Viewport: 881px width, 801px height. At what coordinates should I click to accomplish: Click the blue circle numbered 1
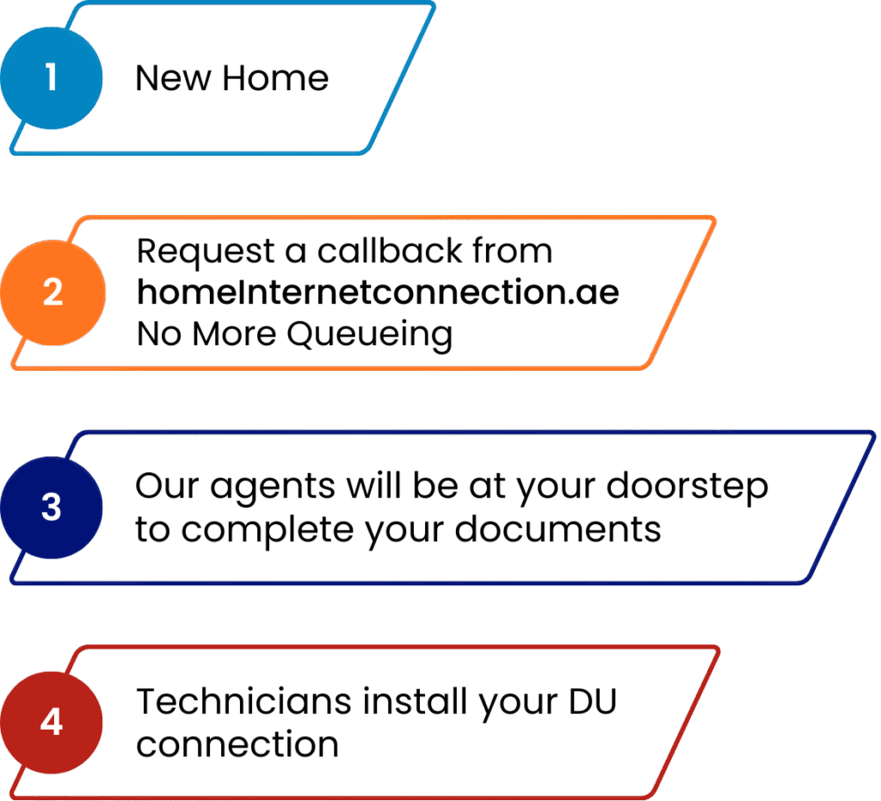(52, 77)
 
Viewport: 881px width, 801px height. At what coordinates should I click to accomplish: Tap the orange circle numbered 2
(52, 293)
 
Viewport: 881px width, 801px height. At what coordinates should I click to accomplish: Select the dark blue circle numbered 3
(52, 508)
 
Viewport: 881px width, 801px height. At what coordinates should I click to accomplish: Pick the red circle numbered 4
(52, 722)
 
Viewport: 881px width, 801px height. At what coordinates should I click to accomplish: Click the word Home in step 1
(275, 79)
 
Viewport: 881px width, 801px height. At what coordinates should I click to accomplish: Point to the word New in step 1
(172, 79)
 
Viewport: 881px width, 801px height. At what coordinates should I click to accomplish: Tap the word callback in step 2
(383, 252)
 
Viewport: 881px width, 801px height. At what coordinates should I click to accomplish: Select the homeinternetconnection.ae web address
(378, 293)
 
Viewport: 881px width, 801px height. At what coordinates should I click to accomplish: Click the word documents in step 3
(558, 530)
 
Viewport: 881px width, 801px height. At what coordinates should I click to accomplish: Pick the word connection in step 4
(237, 743)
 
